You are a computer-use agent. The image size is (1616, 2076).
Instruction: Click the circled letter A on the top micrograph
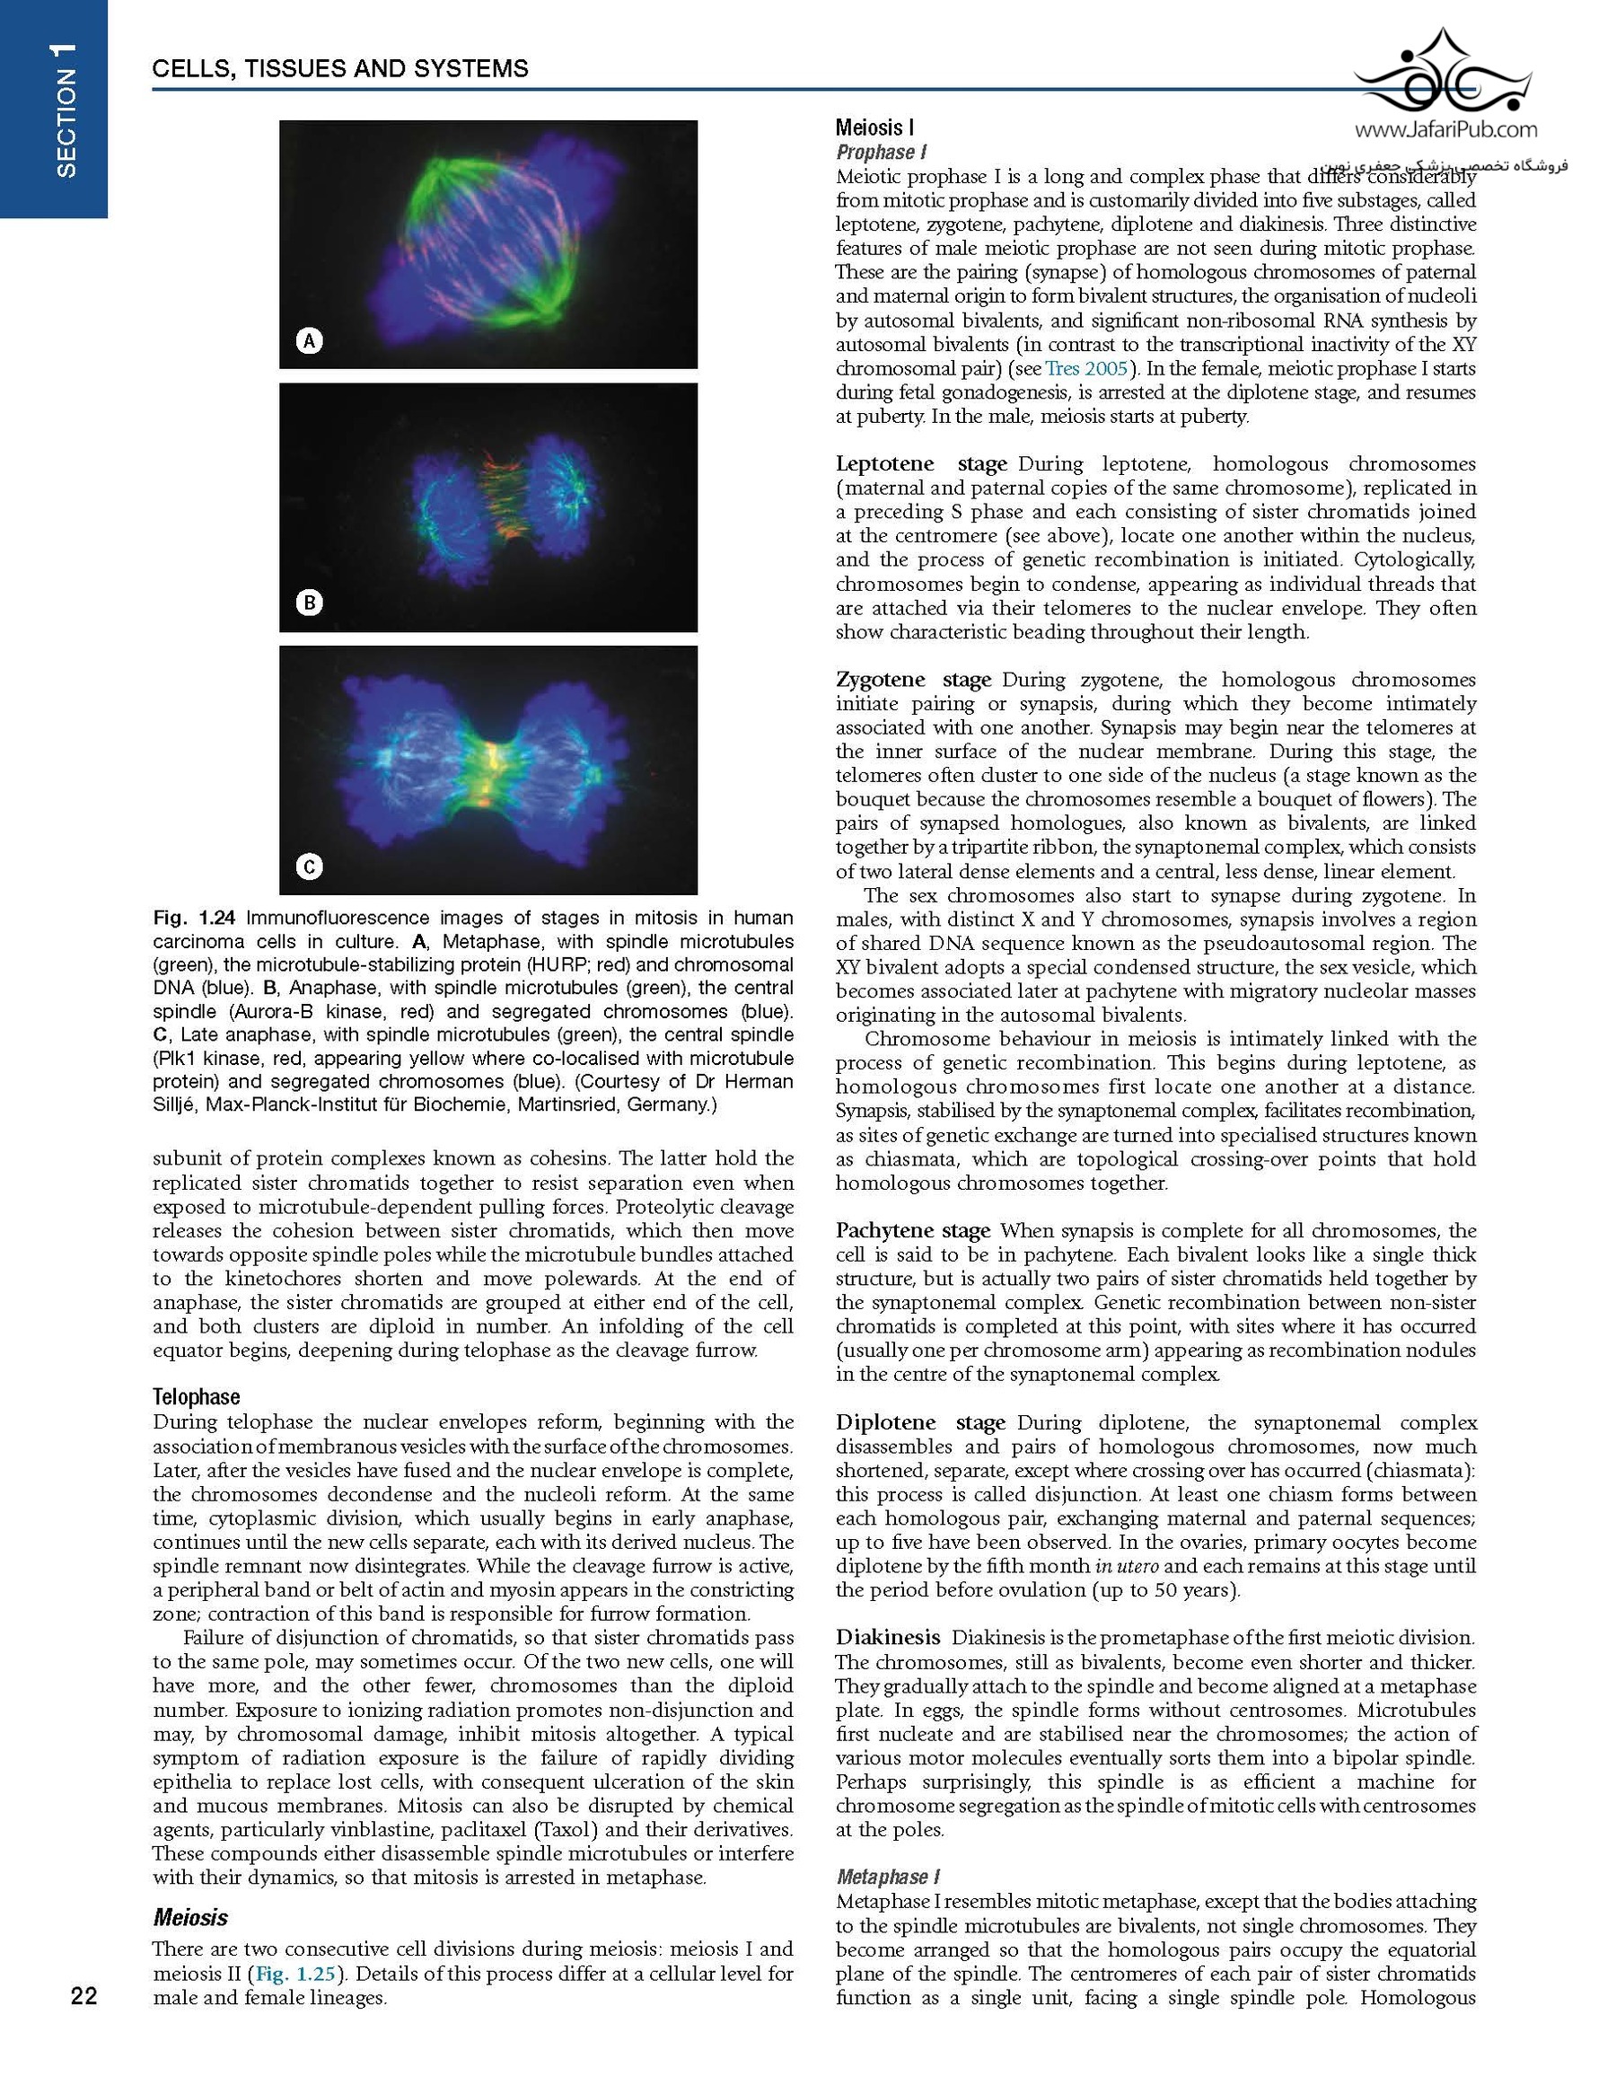pyautogui.click(x=309, y=340)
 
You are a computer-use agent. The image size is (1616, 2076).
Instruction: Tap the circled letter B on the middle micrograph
pyautogui.click(x=309, y=603)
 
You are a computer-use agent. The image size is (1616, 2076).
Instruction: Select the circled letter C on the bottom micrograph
pyautogui.click(x=309, y=866)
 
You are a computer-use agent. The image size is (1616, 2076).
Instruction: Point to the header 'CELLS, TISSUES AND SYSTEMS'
pyautogui.click(x=340, y=68)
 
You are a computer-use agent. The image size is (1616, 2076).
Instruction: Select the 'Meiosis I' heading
pyautogui.click(x=874, y=128)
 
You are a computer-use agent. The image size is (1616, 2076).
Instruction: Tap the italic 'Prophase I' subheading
pyautogui.click(x=882, y=152)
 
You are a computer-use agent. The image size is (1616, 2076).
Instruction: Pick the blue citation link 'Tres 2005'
pyautogui.click(x=1085, y=368)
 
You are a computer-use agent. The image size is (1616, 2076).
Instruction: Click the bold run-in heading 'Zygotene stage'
pyautogui.click(x=912, y=680)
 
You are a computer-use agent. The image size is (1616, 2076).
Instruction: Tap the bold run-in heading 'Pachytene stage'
pyautogui.click(x=912, y=1230)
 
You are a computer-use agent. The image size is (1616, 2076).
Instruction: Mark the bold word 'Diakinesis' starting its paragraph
pyautogui.click(x=888, y=1637)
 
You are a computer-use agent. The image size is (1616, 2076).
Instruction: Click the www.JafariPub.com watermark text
pyautogui.click(x=1445, y=129)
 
